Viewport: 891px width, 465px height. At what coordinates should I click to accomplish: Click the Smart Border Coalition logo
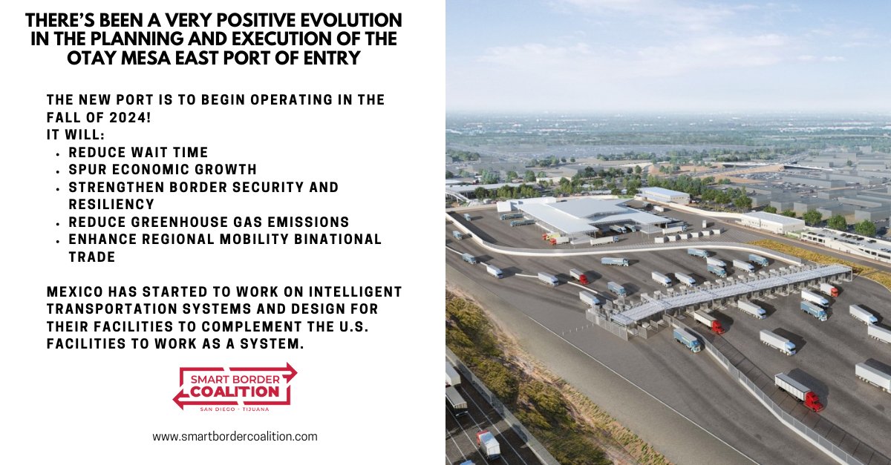coord(235,387)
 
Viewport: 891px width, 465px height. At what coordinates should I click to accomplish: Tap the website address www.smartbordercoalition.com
coord(235,436)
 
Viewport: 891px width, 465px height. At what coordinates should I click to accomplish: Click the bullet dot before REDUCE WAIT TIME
coord(58,154)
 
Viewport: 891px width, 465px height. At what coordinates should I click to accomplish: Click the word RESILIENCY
coord(111,204)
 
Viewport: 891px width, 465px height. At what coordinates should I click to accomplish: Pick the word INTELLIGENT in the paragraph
coord(355,291)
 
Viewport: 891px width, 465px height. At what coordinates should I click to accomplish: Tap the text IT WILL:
coord(76,135)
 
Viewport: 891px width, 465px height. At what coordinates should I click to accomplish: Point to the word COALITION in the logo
coord(235,392)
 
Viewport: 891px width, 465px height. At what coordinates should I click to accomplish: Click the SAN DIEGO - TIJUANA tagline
coord(235,409)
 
